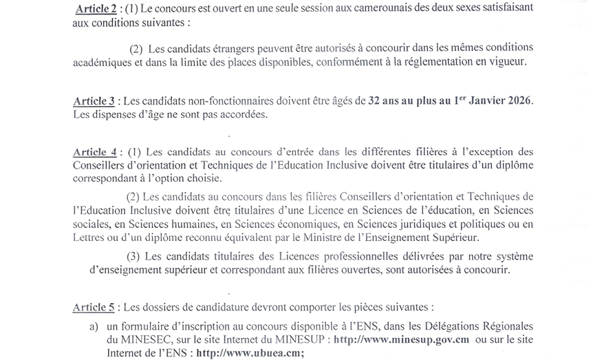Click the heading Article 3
tap(94, 100)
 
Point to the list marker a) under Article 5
tap(93, 325)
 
